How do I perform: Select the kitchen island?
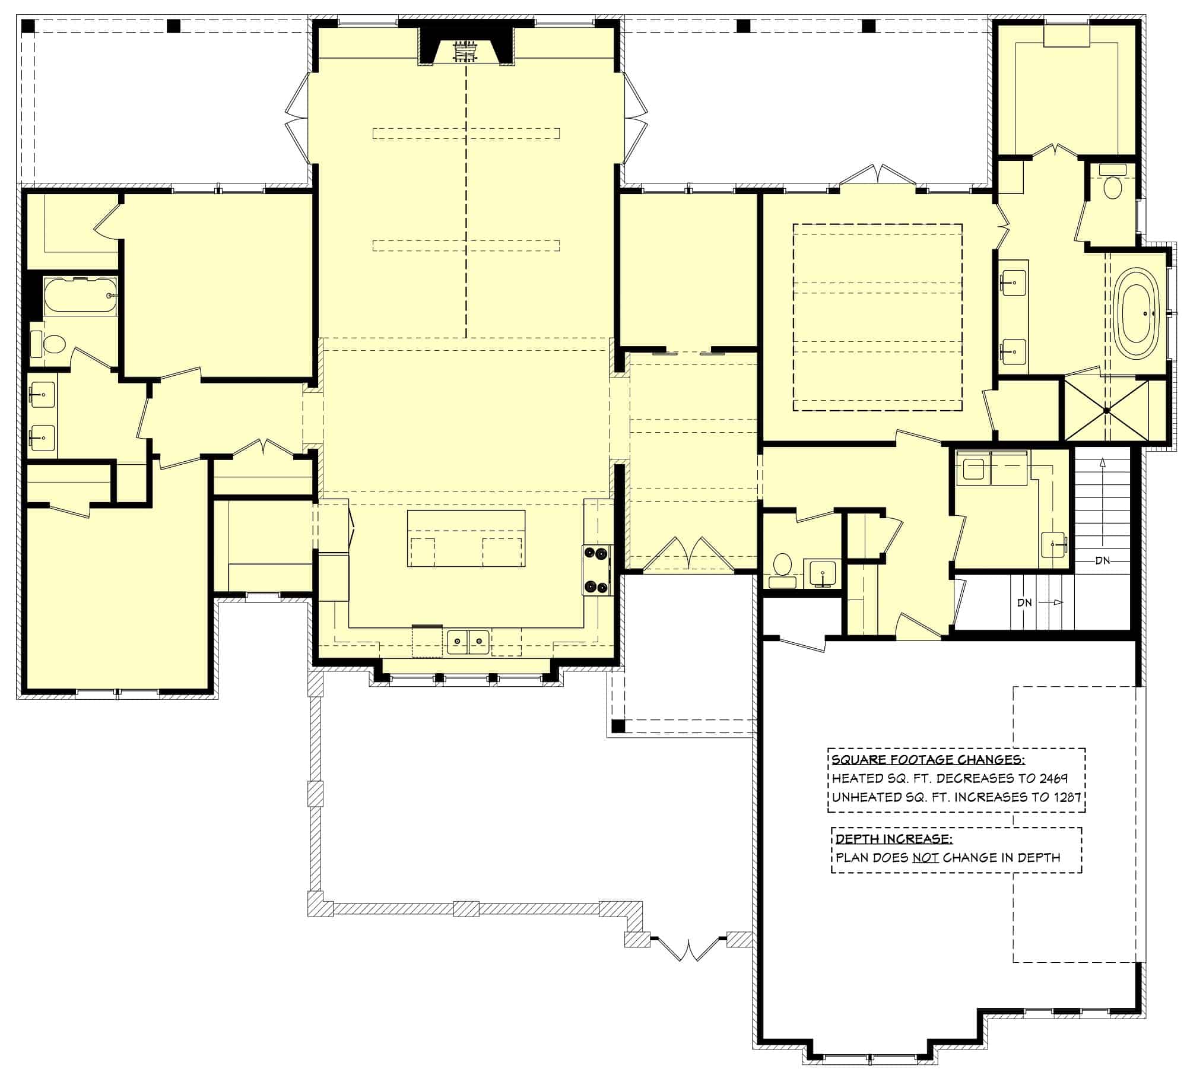coord(466,538)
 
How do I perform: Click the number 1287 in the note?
coord(1066,797)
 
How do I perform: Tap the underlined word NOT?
coord(925,858)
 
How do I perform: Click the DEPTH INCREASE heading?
coord(894,839)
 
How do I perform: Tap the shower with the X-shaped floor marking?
coord(1106,410)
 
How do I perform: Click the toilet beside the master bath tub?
coord(1112,186)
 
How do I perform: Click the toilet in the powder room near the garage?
coord(782,565)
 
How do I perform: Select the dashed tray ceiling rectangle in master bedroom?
coord(877,318)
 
